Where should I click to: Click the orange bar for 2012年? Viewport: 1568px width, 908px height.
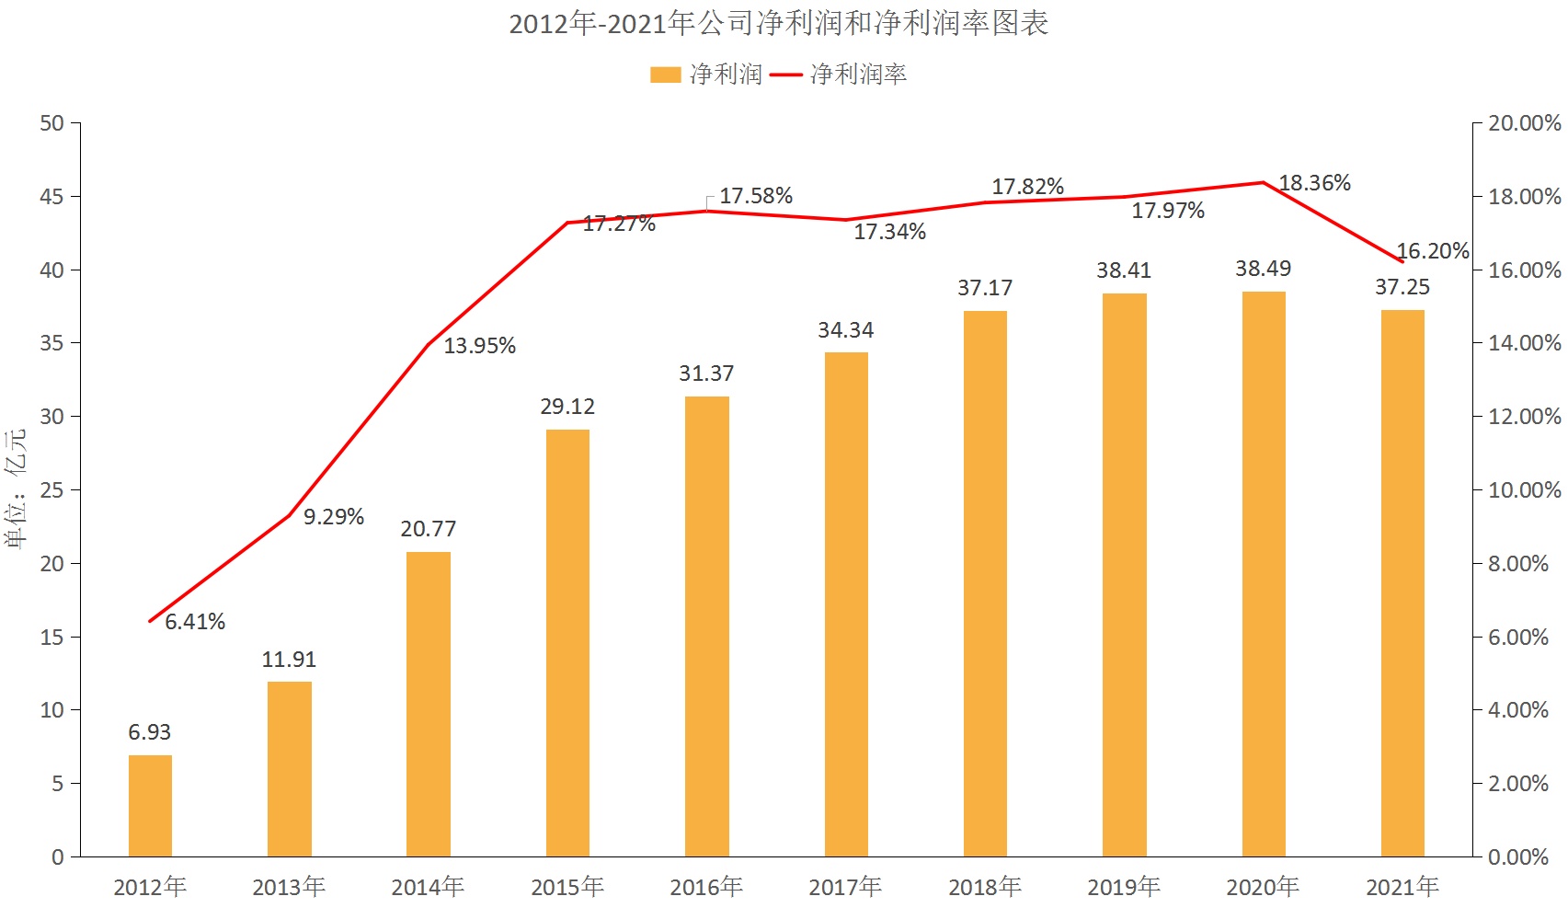click(150, 806)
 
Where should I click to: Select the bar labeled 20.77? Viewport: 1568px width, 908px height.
click(429, 704)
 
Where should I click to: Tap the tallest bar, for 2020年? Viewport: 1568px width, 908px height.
click(1264, 574)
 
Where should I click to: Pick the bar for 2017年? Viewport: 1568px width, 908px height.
click(846, 604)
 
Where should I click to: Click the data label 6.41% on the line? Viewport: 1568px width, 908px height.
click(195, 622)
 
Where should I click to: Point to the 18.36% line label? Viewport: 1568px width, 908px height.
click(1315, 183)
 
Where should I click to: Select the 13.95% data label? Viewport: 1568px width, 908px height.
click(480, 346)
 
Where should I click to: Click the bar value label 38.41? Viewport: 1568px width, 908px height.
click(1124, 270)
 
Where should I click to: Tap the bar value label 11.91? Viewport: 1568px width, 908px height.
click(289, 660)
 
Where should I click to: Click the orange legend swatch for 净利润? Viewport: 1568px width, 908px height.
click(665, 75)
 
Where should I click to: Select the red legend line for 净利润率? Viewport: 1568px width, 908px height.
click(786, 75)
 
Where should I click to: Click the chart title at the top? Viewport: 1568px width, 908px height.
click(779, 23)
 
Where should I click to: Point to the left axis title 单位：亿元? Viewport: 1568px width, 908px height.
click(16, 489)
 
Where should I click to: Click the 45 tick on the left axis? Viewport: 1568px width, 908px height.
click(52, 197)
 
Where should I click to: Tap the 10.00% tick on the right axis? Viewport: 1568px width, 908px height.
click(1524, 490)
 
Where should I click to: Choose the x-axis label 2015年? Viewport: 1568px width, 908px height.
click(567, 887)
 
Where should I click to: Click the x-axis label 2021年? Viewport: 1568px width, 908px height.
click(1402, 887)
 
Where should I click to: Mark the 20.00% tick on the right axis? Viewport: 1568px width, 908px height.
click(1524, 123)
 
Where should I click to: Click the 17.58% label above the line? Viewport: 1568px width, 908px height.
click(756, 196)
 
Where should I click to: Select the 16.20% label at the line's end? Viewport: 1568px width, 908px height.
click(1432, 251)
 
